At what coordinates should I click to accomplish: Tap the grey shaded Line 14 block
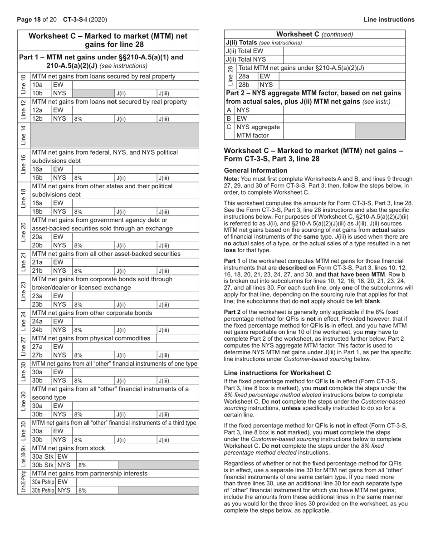click(x=114, y=136)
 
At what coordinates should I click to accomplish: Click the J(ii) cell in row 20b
click(x=135, y=245)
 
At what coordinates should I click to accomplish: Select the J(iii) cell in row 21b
click(x=177, y=271)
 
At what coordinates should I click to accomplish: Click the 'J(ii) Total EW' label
click(x=244, y=51)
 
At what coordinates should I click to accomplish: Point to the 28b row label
click(x=244, y=84)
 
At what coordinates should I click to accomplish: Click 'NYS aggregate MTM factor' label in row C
click(x=259, y=131)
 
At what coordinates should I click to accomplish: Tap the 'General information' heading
click(x=256, y=170)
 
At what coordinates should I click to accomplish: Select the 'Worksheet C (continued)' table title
click(x=314, y=34)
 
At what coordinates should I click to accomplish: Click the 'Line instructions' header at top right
click(x=389, y=20)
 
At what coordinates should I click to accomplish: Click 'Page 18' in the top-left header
click(x=29, y=20)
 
